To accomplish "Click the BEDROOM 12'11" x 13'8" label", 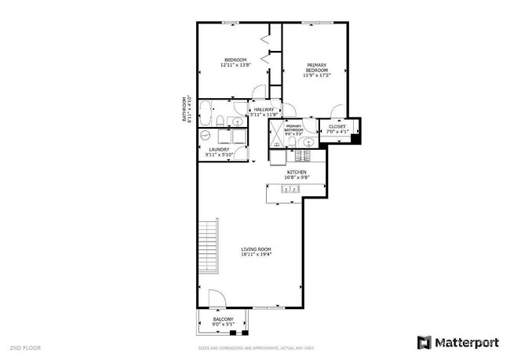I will [235, 63].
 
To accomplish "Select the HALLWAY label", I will [263, 112].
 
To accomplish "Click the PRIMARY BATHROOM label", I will [293, 130].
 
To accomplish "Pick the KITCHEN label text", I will [296, 174].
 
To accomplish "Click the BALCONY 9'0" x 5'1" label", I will [223, 322].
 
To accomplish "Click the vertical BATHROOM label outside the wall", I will [186, 109].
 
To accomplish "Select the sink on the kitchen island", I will [290, 189].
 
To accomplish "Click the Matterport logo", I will [457, 342].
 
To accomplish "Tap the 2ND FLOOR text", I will [24, 347].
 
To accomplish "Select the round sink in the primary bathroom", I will [309, 143].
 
